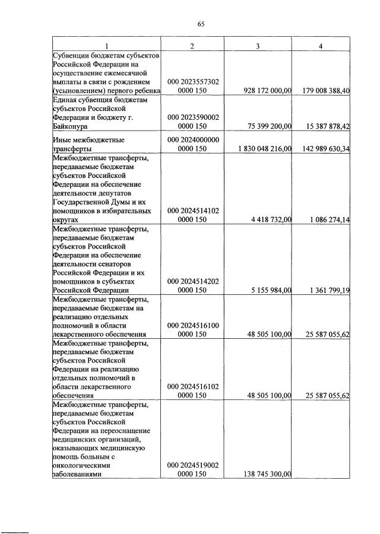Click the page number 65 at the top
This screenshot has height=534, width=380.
[x=200, y=24]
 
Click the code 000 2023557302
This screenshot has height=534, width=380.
[x=193, y=81]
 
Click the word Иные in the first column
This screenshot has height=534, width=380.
[x=64, y=139]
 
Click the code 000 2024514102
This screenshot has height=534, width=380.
[x=193, y=210]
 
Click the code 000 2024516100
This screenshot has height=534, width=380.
[x=193, y=325]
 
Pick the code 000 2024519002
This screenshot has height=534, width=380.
[x=193, y=465]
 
